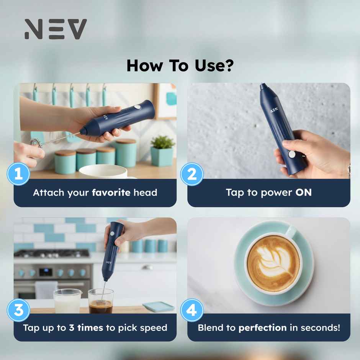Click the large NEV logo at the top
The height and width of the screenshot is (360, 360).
56,29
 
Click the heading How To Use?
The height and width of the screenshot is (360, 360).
180,65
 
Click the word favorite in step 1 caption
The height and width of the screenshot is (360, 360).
111,192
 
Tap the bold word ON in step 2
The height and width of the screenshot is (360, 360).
303,192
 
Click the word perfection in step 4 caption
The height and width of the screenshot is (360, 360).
262,328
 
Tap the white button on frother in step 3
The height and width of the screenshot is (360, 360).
112,233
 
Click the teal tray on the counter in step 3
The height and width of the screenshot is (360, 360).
159,306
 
